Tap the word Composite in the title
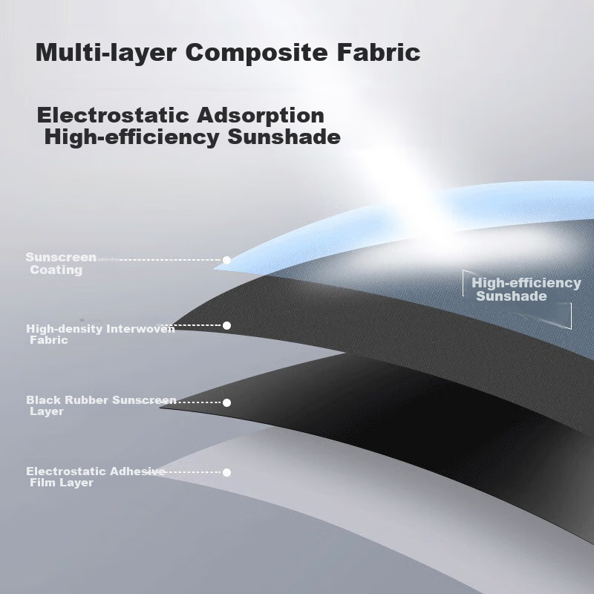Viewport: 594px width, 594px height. (x=256, y=53)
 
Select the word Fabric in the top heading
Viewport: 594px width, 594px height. (x=379, y=52)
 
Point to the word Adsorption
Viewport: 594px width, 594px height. (x=261, y=115)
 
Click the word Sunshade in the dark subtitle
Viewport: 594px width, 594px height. (x=284, y=137)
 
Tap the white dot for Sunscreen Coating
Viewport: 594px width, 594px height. (x=226, y=261)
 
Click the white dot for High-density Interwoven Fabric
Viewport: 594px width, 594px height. (x=226, y=325)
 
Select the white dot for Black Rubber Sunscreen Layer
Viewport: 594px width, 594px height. (x=226, y=402)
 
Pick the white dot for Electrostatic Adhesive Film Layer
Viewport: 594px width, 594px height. (x=226, y=472)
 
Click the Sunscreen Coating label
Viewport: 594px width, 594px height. (x=61, y=264)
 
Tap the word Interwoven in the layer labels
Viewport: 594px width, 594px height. (x=140, y=328)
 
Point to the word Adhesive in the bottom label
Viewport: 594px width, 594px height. (x=137, y=471)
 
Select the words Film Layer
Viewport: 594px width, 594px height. (x=62, y=483)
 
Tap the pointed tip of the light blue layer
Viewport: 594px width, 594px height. (x=215, y=269)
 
